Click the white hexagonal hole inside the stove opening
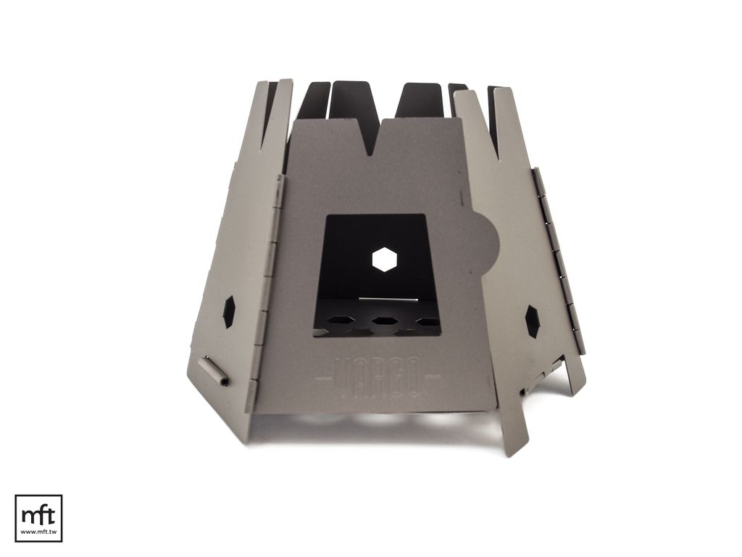tap(384, 259)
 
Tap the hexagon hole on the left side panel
tap(229, 312)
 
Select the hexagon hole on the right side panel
tap(533, 321)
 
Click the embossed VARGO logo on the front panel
tap(378, 376)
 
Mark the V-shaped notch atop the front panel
tap(370, 137)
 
